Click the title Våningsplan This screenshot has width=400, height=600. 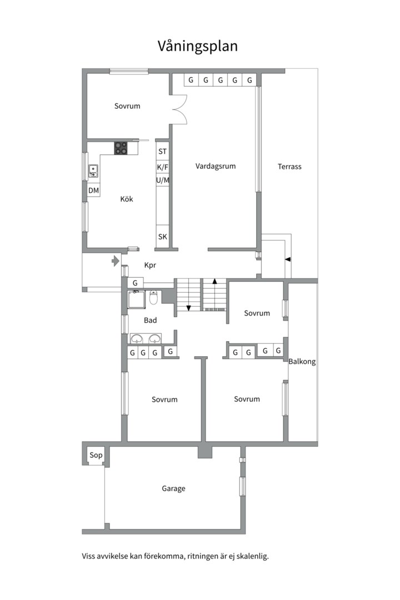[x=198, y=46]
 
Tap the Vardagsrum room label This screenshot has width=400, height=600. [x=216, y=166]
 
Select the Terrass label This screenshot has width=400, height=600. [x=289, y=167]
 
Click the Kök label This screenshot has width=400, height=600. [x=127, y=199]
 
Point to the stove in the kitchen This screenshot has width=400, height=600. [x=121, y=148]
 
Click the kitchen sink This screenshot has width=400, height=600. [x=93, y=171]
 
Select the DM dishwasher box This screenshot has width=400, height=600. [x=93, y=190]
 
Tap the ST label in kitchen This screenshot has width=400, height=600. [x=163, y=152]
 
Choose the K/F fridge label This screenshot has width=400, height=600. [x=163, y=167]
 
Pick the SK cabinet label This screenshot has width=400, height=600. [x=163, y=237]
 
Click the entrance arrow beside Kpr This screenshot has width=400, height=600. [x=116, y=261]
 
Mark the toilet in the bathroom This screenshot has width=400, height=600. [x=153, y=297]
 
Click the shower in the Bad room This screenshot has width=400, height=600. [x=136, y=299]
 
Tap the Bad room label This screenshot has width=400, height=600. [x=150, y=321]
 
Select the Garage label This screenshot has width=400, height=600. [x=173, y=489]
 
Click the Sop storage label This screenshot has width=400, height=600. [x=96, y=455]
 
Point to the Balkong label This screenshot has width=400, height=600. [x=302, y=362]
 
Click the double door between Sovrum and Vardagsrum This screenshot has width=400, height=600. [x=180, y=109]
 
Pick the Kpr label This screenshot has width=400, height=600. [x=150, y=265]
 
